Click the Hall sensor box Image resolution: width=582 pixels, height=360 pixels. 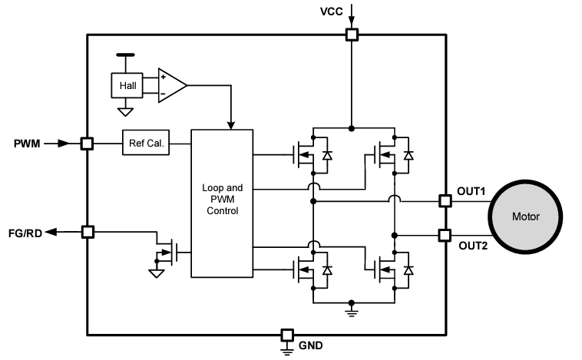tap(127, 86)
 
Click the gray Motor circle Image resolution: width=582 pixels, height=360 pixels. tap(526, 216)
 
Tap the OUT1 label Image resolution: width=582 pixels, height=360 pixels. tap(472, 190)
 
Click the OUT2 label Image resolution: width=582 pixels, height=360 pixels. tap(472, 246)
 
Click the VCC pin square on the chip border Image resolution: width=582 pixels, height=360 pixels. tap(352, 34)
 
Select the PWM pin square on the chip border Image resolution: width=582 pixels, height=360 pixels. tap(87, 143)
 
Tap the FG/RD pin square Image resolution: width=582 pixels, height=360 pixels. tap(87, 232)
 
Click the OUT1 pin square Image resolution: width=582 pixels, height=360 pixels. tap(444, 201)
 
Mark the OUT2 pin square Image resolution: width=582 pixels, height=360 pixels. tap(444, 235)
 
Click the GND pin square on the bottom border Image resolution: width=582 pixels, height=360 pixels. tap(286, 335)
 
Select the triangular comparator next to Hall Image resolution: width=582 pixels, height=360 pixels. tap(170, 85)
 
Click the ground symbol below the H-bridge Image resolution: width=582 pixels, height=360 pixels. tap(351, 310)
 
